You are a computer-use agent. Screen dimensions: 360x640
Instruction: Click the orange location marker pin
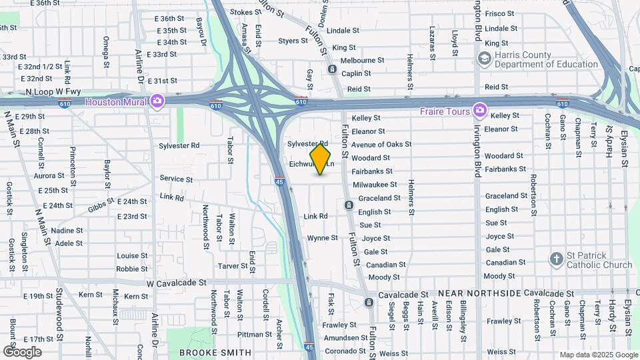pyautogui.click(x=321, y=159)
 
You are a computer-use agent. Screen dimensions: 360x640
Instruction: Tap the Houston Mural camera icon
pyautogui.click(x=157, y=101)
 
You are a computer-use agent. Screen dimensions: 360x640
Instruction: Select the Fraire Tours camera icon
pyautogui.click(x=479, y=110)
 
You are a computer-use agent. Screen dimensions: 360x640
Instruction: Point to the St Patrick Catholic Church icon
pyautogui.click(x=556, y=258)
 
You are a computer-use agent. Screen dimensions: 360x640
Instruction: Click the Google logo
pyautogui.click(x=22, y=351)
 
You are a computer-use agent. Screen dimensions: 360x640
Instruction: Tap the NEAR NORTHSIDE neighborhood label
pyautogui.click(x=479, y=293)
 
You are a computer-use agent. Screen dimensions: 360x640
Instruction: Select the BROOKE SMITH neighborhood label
pyautogui.click(x=215, y=352)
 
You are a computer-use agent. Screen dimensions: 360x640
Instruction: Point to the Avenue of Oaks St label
pyautogui.click(x=381, y=144)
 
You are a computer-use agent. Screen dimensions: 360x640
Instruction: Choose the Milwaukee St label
pyautogui.click(x=375, y=184)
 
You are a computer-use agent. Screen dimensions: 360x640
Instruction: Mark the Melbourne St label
pyautogui.click(x=362, y=60)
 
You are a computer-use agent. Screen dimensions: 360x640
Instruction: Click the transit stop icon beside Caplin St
pyautogui.click(x=332, y=69)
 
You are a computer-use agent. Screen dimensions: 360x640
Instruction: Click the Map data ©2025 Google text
pyautogui.click(x=599, y=355)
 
